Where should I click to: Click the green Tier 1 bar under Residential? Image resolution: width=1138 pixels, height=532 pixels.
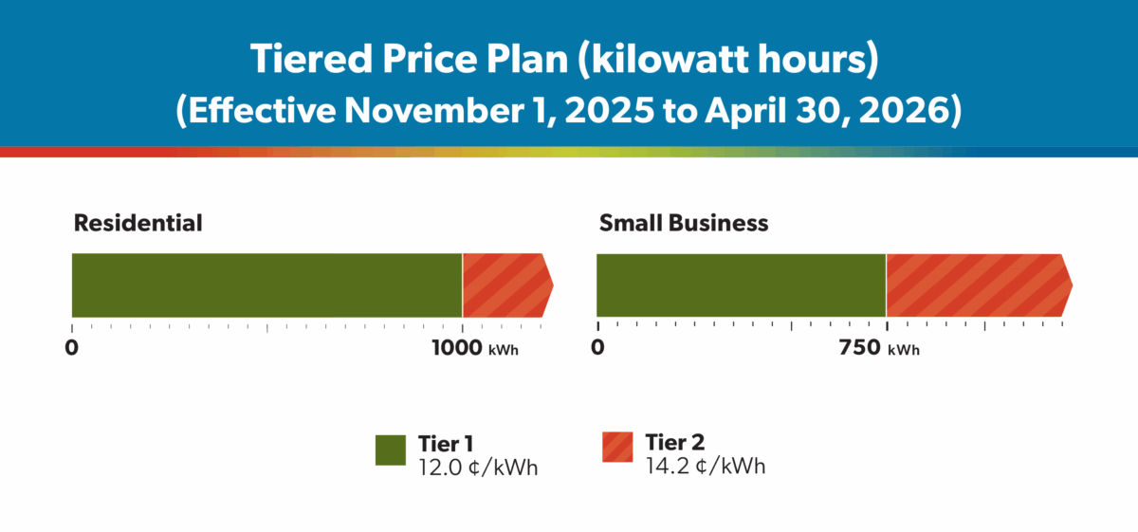coord(266,285)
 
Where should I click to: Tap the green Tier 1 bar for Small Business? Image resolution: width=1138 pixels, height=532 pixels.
coord(741,285)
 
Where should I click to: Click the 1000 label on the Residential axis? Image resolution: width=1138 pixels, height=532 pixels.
coord(457,347)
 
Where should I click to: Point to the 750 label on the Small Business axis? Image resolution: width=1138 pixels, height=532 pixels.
coord(859,348)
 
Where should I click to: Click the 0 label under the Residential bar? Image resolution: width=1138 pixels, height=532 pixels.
coord(71,347)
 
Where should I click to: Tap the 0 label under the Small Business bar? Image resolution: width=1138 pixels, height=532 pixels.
coord(597,348)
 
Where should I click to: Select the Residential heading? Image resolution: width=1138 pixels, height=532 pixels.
coord(138,224)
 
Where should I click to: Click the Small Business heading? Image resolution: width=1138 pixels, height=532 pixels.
coord(683,224)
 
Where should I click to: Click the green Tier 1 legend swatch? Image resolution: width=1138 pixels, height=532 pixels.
coord(391,450)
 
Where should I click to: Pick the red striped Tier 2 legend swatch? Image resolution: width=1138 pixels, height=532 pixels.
coord(618,449)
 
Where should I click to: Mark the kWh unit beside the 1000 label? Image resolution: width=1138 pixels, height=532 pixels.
coord(504,350)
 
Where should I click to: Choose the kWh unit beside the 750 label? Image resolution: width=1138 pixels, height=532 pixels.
coord(904,350)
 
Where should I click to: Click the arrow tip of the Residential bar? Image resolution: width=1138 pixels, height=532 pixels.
coord(549,284)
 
